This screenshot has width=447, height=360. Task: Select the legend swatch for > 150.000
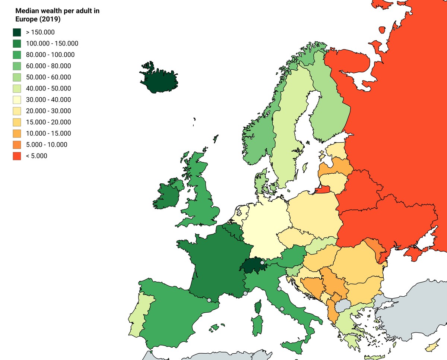17,32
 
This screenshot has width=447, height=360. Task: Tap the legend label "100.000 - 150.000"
52,44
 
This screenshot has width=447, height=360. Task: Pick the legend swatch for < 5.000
17,156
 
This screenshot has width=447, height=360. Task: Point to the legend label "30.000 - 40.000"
48,100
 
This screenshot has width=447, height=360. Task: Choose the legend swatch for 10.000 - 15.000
17,133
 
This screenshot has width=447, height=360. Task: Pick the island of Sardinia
257,325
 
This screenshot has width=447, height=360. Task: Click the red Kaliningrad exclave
323,190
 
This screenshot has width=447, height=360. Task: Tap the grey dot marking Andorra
209,300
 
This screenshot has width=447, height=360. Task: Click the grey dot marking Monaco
245,293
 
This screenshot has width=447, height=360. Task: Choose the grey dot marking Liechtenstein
262,263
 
